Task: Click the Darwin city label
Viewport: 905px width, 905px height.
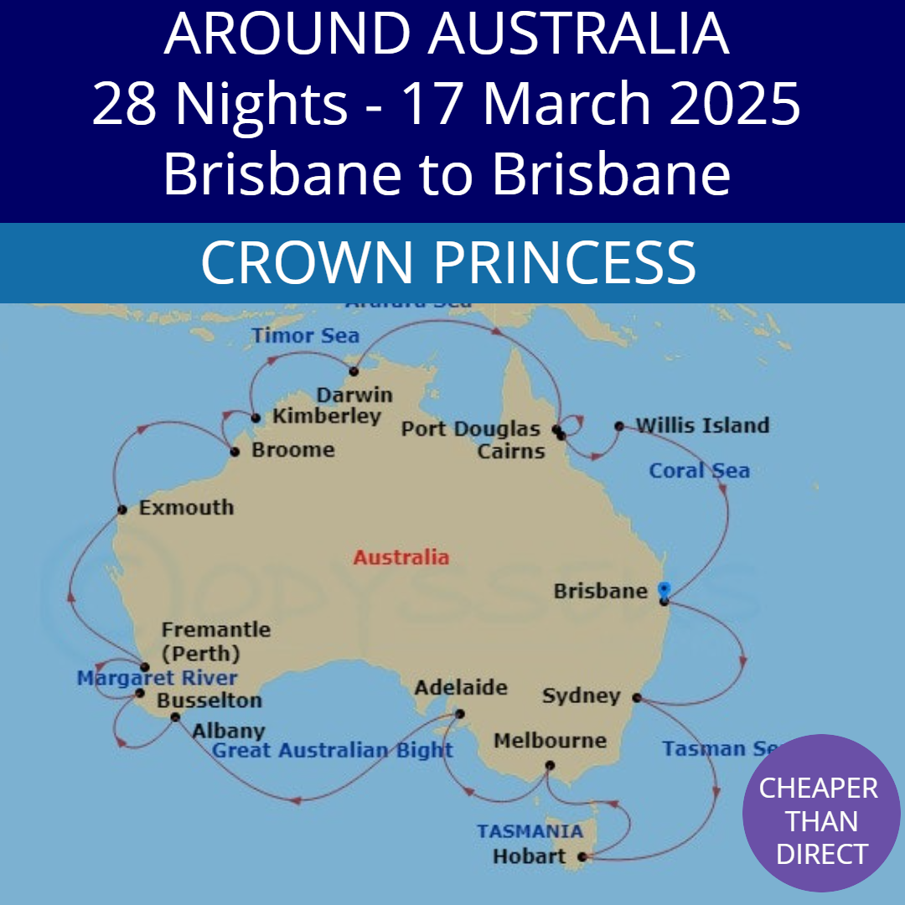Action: pos(354,395)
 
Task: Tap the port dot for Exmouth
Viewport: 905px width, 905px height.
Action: pos(122,509)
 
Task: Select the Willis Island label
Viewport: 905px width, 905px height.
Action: pos(702,426)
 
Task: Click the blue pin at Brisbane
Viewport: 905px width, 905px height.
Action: pos(664,589)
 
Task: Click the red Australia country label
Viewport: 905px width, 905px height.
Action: pos(401,557)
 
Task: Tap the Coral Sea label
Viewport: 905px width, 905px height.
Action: pos(699,471)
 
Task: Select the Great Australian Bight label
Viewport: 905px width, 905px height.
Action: pos(332,750)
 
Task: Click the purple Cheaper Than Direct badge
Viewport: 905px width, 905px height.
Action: pos(820,814)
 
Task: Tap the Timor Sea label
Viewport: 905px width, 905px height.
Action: pos(305,336)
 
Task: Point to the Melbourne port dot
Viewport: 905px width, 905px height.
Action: pos(550,765)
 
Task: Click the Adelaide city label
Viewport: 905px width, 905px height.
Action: pos(461,688)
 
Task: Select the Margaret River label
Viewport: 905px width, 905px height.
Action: pos(157,678)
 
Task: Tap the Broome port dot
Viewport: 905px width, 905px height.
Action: pos(235,452)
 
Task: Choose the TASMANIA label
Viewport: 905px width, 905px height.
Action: pos(530,831)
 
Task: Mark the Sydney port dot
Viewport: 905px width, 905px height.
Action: pos(637,697)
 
